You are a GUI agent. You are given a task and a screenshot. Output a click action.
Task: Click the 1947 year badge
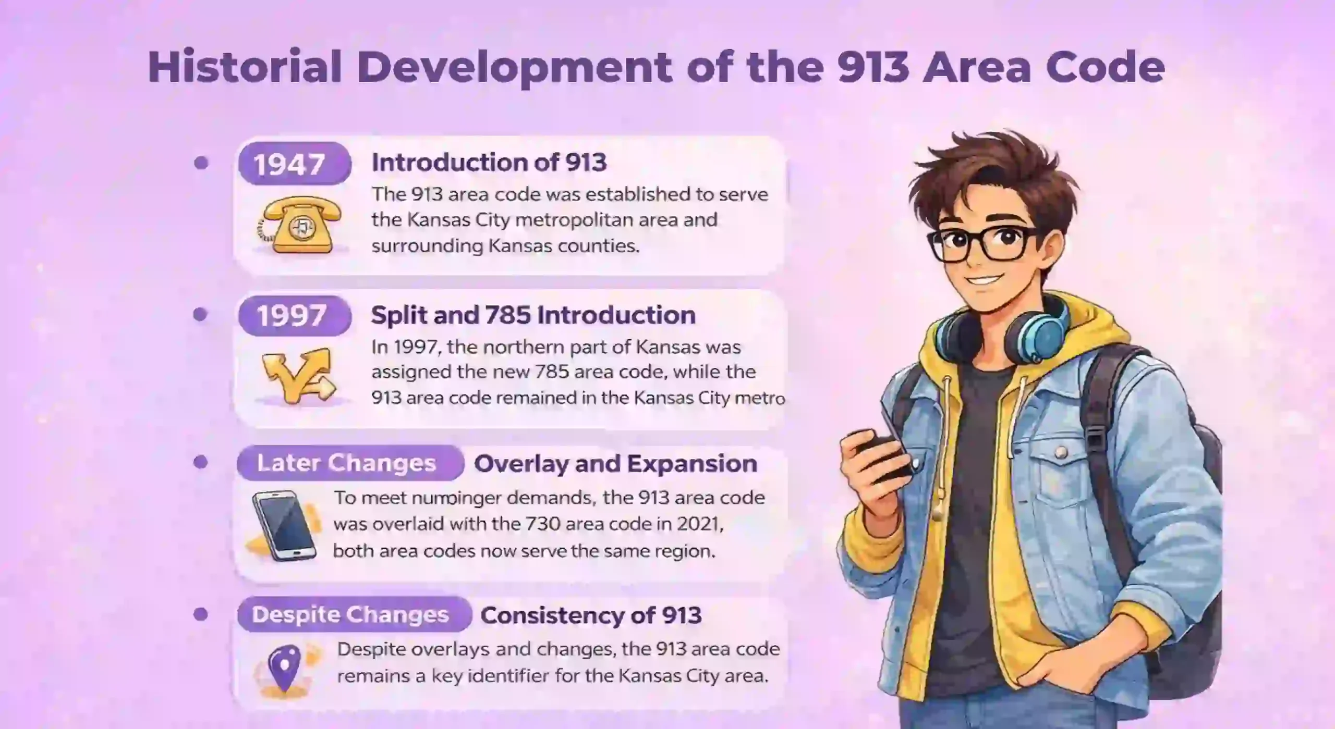pos(294,164)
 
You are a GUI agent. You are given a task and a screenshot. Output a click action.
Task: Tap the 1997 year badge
pos(294,315)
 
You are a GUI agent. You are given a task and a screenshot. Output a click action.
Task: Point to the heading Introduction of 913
pos(489,163)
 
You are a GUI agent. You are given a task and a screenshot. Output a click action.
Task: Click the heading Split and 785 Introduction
pos(533,315)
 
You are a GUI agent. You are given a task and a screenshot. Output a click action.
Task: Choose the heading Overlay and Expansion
pos(615,463)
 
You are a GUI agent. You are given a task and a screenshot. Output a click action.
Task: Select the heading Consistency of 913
pos(591,615)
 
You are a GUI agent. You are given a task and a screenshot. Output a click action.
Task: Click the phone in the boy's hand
pos(881,453)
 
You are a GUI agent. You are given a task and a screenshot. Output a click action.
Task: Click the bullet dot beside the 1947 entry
pos(201,163)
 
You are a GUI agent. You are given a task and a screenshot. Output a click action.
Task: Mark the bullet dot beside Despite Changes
pos(201,614)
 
